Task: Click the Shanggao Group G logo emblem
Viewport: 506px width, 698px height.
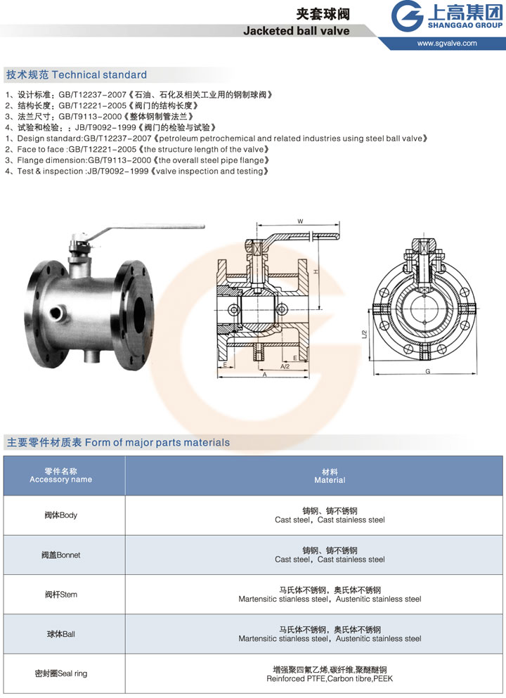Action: [x=407, y=16]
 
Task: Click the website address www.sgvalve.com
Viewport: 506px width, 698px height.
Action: [x=447, y=43]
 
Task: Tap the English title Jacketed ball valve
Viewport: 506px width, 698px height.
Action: [x=297, y=31]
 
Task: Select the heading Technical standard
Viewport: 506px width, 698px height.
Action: [x=99, y=75]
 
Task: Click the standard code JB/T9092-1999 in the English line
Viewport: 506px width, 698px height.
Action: [x=118, y=172]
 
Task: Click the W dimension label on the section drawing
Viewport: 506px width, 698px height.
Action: [x=300, y=221]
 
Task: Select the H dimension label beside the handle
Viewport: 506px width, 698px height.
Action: [x=316, y=271]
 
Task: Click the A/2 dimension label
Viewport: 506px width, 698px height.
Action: [x=285, y=366]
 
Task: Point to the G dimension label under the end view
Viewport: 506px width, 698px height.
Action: [x=428, y=371]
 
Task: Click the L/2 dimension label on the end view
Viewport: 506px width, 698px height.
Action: [x=365, y=335]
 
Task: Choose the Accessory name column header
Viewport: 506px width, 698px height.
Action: [x=61, y=475]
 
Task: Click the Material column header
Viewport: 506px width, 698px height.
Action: [x=330, y=476]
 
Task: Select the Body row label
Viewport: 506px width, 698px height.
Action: [x=61, y=515]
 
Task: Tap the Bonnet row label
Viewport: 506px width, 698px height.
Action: [x=61, y=555]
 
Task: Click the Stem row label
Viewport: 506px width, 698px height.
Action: [x=61, y=595]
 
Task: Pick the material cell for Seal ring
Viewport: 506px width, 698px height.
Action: [x=330, y=674]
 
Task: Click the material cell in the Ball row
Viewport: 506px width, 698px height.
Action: [x=330, y=634]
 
